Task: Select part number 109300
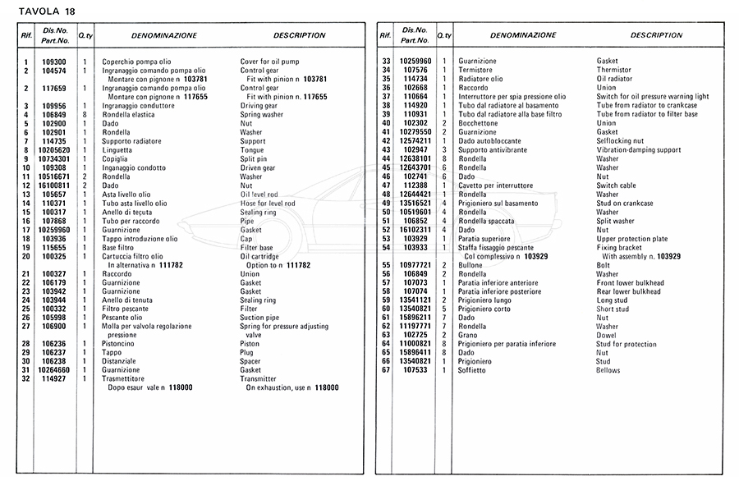[55, 62]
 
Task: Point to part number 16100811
[55, 185]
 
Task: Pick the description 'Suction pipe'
[259, 318]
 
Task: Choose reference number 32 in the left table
[26, 378]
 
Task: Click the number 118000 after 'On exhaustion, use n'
[326, 387]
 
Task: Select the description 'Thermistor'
[614, 71]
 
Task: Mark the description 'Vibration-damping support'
[639, 150]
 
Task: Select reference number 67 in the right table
[386, 370]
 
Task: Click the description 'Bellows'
[608, 370]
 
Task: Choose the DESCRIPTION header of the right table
[656, 36]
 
